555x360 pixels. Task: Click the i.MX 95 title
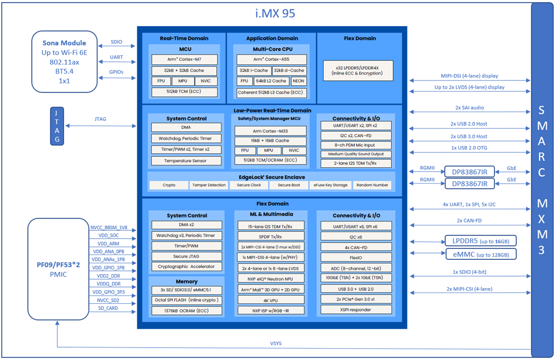click(x=275, y=13)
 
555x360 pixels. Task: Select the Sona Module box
click(x=64, y=62)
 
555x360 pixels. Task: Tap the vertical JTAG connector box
click(x=57, y=126)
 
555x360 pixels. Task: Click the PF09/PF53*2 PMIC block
click(x=57, y=269)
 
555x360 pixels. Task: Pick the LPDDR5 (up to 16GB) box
click(x=481, y=241)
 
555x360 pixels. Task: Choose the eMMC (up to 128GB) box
click(x=481, y=254)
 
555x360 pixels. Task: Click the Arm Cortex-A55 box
click(x=271, y=60)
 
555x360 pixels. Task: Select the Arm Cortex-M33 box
click(x=270, y=131)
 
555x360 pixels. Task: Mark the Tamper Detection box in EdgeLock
click(x=209, y=185)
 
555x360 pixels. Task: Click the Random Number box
click(x=372, y=185)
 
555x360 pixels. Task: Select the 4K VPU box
click(x=270, y=300)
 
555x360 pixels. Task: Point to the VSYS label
click(x=276, y=344)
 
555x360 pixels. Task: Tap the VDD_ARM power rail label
click(x=108, y=244)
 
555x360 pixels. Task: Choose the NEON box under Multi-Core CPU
click(x=298, y=81)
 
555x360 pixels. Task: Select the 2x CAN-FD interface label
click(x=469, y=220)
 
